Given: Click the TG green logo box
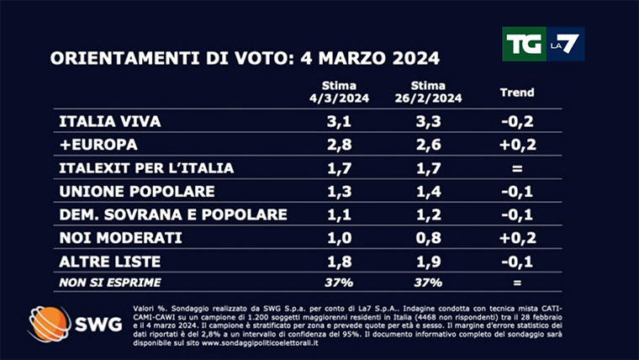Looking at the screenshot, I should point(524,44).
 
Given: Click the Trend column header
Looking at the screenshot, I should point(517,92).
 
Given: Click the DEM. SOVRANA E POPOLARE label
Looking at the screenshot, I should point(173,214).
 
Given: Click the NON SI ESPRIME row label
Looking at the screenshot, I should point(109,282).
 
